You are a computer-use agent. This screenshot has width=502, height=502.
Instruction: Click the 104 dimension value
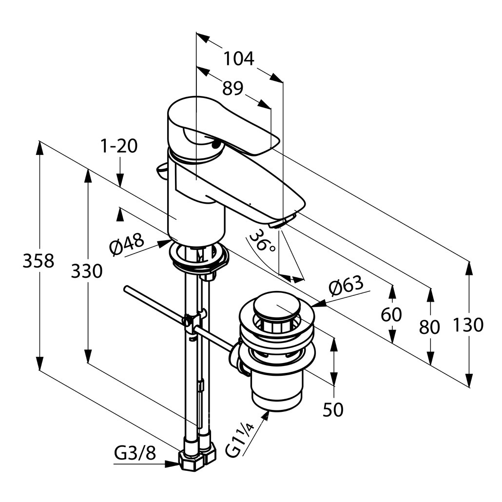coord(239,58)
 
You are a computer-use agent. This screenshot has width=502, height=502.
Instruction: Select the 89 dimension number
coord(232,88)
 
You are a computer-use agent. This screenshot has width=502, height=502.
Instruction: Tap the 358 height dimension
coord(38,261)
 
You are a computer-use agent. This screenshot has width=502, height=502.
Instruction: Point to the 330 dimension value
coord(87,271)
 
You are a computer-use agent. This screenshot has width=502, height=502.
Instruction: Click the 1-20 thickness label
coord(119,146)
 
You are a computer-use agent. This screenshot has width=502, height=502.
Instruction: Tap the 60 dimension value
coord(391,315)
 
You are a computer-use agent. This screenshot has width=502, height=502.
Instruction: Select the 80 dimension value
coord(429,327)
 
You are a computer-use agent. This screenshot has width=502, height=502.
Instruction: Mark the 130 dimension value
coord(468,325)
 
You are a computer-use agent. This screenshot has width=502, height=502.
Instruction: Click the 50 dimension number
coord(333,410)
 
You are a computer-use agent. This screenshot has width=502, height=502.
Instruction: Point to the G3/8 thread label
coord(135,454)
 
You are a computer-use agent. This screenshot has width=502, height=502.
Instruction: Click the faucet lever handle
coord(224,127)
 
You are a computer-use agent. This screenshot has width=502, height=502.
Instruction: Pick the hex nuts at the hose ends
coord(197,459)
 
